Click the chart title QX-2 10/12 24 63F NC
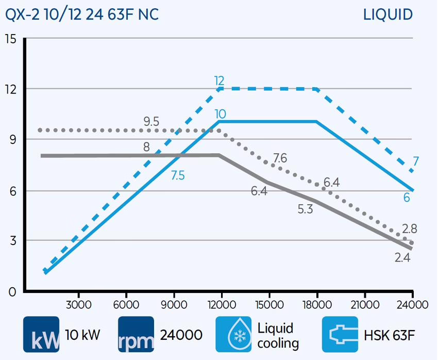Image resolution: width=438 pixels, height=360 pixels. click(82, 14)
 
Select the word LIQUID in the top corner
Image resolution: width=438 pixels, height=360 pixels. click(388, 14)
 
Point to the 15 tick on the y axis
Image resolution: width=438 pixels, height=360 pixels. click(10, 39)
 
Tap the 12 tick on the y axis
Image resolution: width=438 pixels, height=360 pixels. click(10, 89)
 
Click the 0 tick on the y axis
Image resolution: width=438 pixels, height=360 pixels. click(12, 291)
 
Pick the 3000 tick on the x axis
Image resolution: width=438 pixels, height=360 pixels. click(78, 304)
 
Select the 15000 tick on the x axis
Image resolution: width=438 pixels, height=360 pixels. click(268, 304)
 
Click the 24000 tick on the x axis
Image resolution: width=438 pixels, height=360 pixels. click(412, 304)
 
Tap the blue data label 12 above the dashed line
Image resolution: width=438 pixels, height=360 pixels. click(220, 80)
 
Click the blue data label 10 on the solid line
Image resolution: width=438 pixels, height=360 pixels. click(220, 114)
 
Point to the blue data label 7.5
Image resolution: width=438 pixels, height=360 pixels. click(178, 176)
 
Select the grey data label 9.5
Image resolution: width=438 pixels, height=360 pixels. click(151, 122)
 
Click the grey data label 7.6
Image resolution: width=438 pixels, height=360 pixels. click(280, 158)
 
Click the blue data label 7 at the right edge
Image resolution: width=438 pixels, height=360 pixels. click(415, 161)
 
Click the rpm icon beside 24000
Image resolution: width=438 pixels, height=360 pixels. click(136, 334)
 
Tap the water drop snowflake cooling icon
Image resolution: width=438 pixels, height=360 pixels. click(233, 334)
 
